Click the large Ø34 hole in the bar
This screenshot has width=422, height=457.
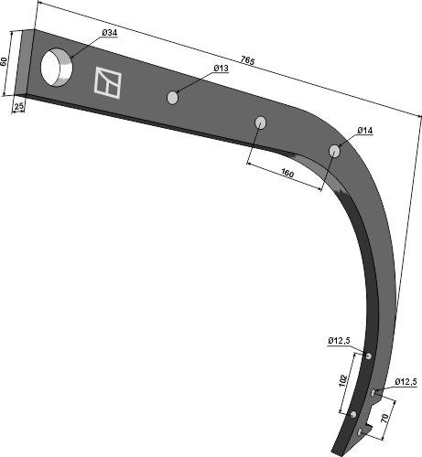click(x=57, y=67)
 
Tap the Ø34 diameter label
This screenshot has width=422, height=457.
click(x=110, y=33)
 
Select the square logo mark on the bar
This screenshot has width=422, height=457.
click(x=107, y=83)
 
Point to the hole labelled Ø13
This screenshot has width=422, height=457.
click(x=172, y=98)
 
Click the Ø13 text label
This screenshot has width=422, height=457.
click(x=221, y=69)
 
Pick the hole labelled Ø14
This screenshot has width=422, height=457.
click(x=334, y=151)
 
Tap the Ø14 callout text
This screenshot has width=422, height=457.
click(x=365, y=131)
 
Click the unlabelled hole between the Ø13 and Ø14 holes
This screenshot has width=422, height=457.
click(x=260, y=122)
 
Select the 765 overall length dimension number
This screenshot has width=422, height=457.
click(x=247, y=60)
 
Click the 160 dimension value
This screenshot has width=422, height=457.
click(x=287, y=174)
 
